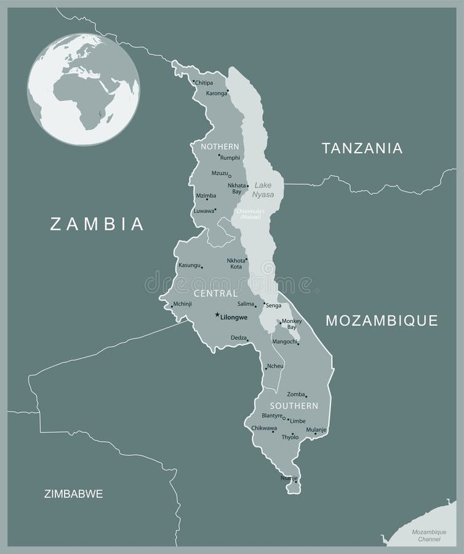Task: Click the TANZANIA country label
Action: [x=362, y=148]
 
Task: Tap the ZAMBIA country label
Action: [x=97, y=223]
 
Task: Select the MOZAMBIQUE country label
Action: [x=382, y=320]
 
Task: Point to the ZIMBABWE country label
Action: [x=73, y=494]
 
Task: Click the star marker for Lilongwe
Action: [x=217, y=316]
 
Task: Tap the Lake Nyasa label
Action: [x=263, y=189]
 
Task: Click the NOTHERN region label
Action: [x=220, y=147]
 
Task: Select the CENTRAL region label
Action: [x=215, y=294]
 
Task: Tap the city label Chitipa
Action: [x=204, y=82]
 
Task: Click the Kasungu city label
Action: [x=189, y=265]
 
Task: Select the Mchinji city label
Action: [x=183, y=304]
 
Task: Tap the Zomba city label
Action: [x=296, y=393]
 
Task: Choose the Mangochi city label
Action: [x=284, y=341]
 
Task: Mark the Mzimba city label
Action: [x=206, y=196]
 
